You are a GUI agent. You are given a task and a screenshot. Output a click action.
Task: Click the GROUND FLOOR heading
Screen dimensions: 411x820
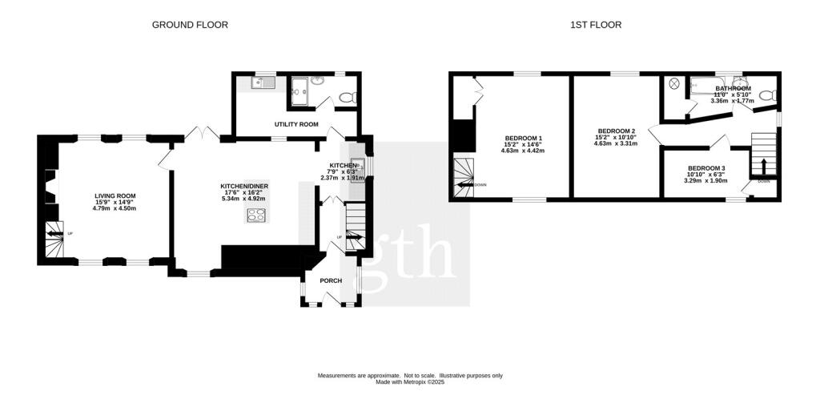[x=190, y=25]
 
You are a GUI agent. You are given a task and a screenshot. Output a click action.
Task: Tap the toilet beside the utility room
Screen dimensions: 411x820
[x=348, y=97]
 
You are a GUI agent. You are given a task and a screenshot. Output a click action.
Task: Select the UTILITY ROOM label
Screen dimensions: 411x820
[x=296, y=125]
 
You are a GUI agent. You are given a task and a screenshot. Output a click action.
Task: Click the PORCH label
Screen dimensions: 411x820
[x=331, y=280]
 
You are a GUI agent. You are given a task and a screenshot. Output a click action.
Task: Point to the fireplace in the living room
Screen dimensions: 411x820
[x=50, y=188]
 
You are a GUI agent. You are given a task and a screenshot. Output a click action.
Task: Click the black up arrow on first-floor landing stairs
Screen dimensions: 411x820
[x=762, y=167]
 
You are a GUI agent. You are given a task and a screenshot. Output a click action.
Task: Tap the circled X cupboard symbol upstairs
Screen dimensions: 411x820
[x=674, y=83]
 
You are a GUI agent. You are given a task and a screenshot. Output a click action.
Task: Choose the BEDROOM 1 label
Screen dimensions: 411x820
[x=524, y=137]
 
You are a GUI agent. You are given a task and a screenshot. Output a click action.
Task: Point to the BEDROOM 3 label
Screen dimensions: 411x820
[x=706, y=168]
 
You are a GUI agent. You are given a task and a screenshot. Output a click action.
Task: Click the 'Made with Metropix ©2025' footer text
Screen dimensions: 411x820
[x=410, y=382]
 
